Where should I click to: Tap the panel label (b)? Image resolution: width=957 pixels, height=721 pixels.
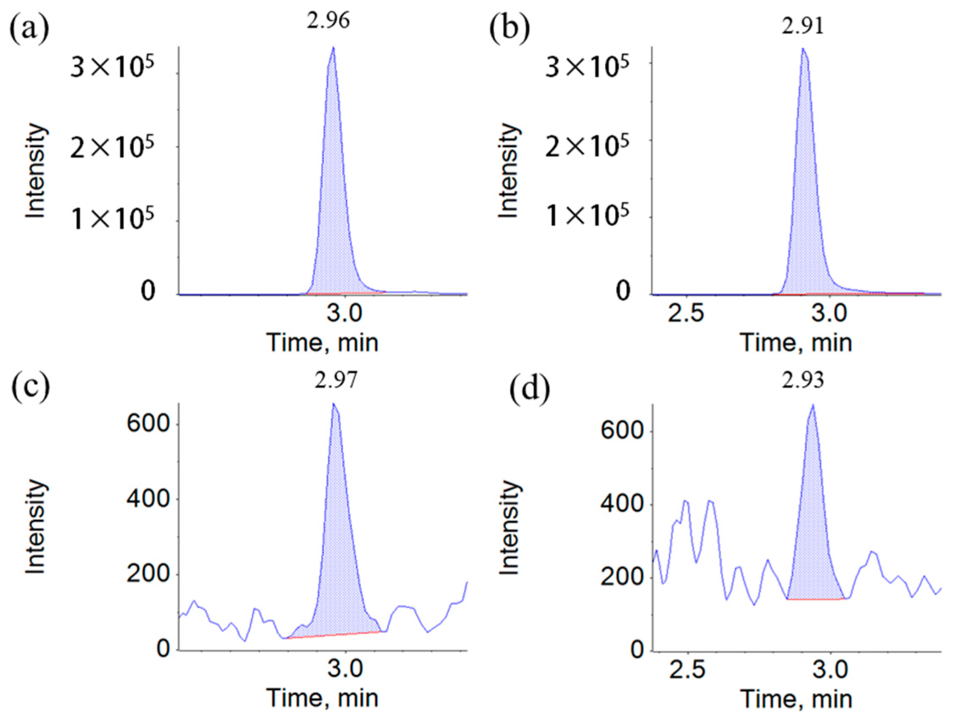[509, 29]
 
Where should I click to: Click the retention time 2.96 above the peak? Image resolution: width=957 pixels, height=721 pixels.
[328, 21]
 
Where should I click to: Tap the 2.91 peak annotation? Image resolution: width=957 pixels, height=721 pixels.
[802, 27]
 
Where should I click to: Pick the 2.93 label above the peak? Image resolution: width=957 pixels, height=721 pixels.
[802, 381]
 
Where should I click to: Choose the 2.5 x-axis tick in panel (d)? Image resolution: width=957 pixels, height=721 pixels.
[687, 670]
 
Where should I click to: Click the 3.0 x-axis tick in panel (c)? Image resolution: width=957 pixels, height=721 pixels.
[345, 670]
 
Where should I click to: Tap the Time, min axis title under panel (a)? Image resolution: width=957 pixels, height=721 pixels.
[322, 343]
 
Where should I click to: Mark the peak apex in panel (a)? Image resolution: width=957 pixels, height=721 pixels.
[333, 47]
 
